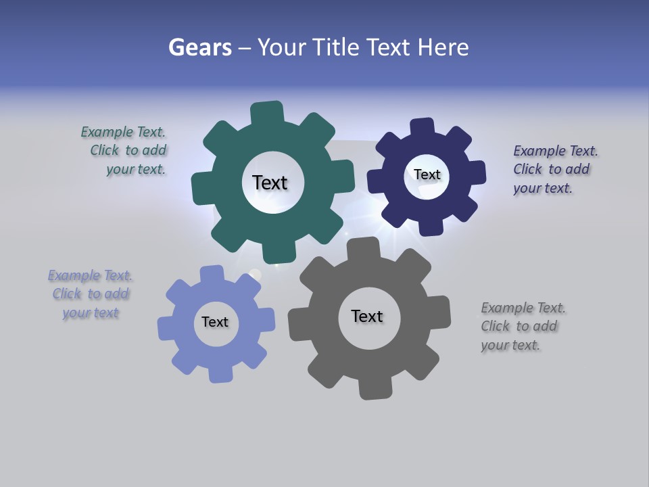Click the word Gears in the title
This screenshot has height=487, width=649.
point(199,47)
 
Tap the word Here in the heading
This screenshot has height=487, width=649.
point(443,47)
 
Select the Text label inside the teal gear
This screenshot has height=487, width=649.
point(270,183)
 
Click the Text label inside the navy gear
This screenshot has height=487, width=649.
point(427,175)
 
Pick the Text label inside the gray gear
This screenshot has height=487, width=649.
point(367,316)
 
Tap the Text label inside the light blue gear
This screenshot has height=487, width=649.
point(215,322)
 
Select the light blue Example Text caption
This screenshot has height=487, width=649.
point(90,294)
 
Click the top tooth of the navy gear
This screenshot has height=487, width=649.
point(423,129)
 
